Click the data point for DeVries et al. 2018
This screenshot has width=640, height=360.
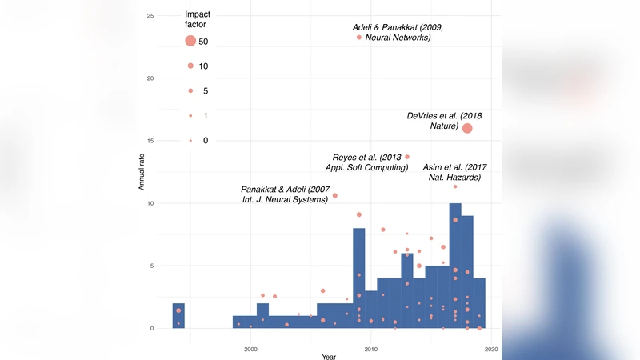click(x=467, y=128)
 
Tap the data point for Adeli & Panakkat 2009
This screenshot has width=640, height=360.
click(x=359, y=37)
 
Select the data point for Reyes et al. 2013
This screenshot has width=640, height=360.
click(x=407, y=157)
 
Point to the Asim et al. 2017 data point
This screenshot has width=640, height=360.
click(x=455, y=186)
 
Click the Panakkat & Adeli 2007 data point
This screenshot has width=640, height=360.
click(x=335, y=195)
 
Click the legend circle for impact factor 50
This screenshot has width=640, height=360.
click(x=190, y=41)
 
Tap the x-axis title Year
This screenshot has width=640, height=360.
click(x=329, y=355)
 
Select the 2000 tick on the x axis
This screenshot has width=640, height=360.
click(x=250, y=349)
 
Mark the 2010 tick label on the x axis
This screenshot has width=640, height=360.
click(x=371, y=349)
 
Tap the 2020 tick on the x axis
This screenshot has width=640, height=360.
click(x=491, y=349)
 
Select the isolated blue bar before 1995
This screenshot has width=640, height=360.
click(x=178, y=316)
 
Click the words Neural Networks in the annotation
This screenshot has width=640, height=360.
click(x=398, y=38)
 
